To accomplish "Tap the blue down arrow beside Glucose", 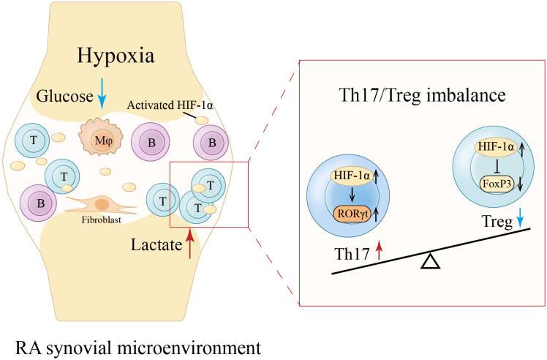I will pyautogui.click(x=102, y=100).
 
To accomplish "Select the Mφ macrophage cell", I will pyautogui.click(x=99, y=139).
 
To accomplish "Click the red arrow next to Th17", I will pyautogui.click(x=378, y=253).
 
